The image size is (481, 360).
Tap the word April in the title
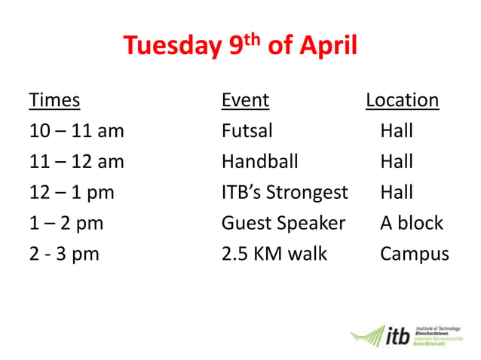326,47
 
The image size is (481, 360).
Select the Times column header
54,100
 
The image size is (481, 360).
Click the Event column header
245,100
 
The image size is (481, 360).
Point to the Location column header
402,100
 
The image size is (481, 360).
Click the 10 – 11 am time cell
76,131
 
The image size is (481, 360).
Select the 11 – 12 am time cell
76,162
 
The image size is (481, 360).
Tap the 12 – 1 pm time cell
72,193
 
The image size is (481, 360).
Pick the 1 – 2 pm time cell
66,224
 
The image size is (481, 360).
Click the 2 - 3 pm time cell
64,254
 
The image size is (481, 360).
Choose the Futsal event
247,131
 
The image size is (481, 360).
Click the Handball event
259,162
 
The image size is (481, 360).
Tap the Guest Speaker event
283,224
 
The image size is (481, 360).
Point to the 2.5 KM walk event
274,254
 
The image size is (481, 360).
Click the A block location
412,224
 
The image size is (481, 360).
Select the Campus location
414,255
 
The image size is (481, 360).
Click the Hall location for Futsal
397,131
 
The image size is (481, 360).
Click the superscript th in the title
254,37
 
